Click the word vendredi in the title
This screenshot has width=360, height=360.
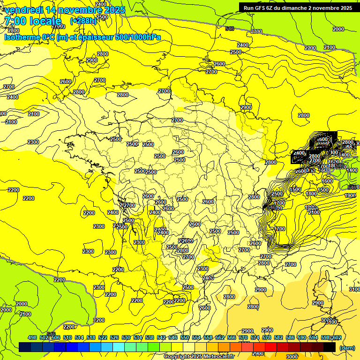pyautogui.click(x=23, y=10)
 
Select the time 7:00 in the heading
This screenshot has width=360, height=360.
pyautogui.click(x=15, y=21)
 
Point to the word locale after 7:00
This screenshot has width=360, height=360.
pyautogui.click(x=45, y=21)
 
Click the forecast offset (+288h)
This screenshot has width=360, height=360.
pyautogui.click(x=83, y=21)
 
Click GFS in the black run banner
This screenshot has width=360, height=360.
pyautogui.click(x=259, y=7)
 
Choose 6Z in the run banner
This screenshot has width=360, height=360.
pyautogui.click(x=270, y=7)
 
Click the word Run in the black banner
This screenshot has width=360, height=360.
pyautogui.click(x=248, y=7)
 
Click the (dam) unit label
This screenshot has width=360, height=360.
pyautogui.click(x=346, y=347)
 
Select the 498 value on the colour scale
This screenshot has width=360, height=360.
pyautogui.click(x=32, y=337)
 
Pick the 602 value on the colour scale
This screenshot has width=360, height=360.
pyautogui.click(x=337, y=337)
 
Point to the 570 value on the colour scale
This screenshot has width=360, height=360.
pyautogui.click(x=243, y=337)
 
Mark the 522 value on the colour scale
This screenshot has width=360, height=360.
pyautogui.click(x=103, y=337)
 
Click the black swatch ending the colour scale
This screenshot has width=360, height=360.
pyautogui.click(x=330, y=347)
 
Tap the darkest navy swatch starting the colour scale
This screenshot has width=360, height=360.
pyautogui.click(x=25, y=347)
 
